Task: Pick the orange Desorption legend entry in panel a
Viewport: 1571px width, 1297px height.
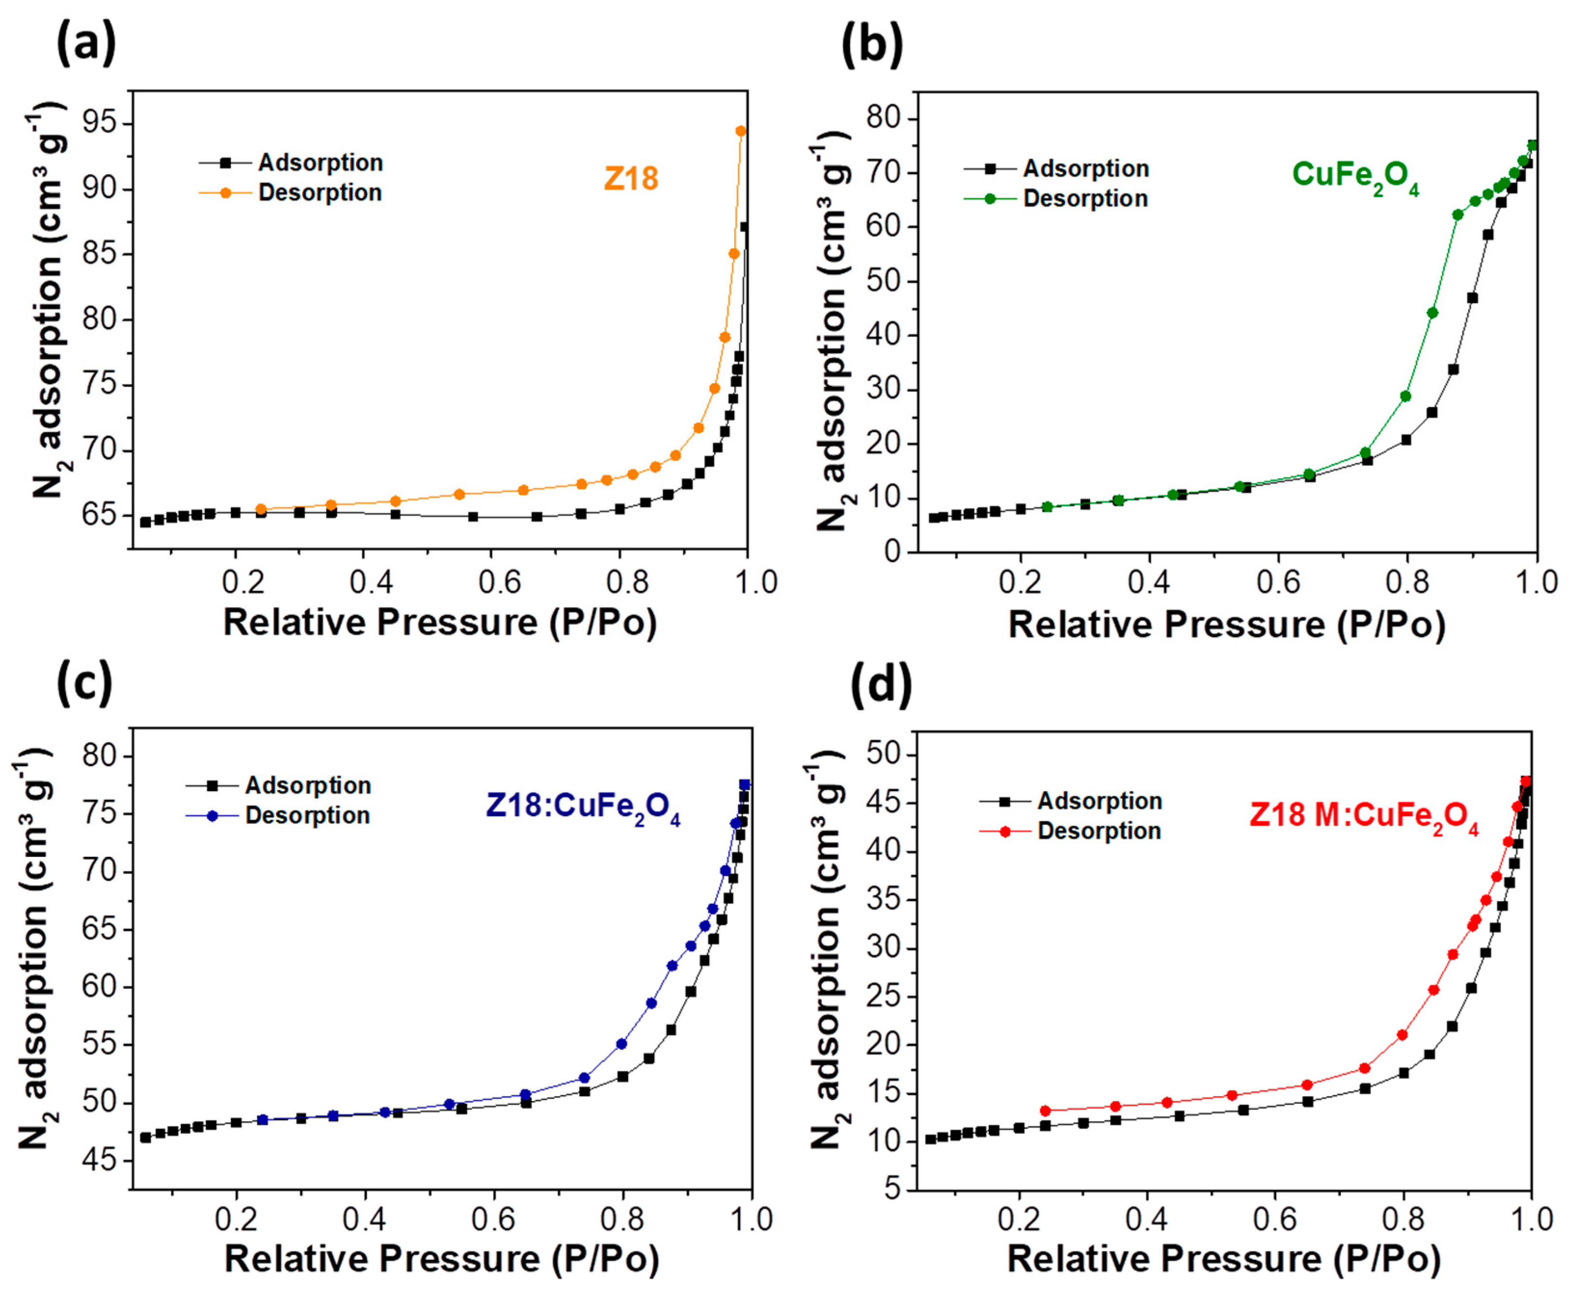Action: click(320, 193)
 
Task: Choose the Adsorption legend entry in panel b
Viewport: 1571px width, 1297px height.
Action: click(1085, 169)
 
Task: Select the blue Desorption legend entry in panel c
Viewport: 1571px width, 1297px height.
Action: click(307, 815)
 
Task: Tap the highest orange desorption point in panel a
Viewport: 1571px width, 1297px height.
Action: click(740, 131)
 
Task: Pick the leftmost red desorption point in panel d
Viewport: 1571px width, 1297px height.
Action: click(1045, 1111)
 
